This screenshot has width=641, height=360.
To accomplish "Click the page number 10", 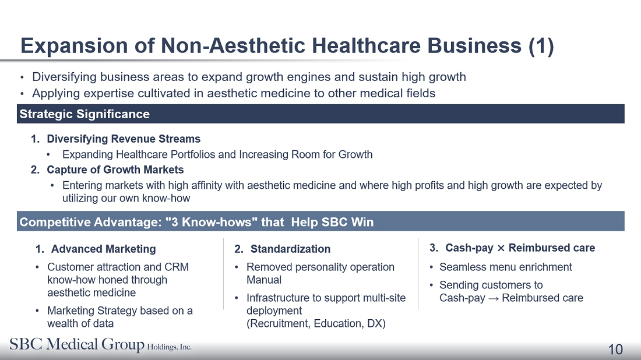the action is click(615, 350).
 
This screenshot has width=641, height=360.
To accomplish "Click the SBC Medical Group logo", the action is click(101, 344).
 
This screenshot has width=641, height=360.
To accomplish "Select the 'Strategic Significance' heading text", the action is click(84, 114).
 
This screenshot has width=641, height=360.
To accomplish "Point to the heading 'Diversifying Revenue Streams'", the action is click(124, 139).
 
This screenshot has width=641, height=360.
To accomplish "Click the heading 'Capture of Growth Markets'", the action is click(115, 170).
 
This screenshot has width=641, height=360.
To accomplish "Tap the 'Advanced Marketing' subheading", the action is click(103, 249).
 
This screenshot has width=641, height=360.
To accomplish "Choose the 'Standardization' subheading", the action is click(290, 249).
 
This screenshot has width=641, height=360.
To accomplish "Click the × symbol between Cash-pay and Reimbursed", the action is click(501, 248).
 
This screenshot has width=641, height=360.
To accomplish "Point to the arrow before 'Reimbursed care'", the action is click(494, 299).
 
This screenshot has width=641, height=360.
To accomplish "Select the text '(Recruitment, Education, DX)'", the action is click(316, 324).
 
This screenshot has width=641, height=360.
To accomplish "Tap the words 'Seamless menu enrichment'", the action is click(506, 267).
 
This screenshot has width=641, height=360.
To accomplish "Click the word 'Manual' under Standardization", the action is click(264, 280).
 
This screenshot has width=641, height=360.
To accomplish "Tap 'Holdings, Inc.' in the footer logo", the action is click(169, 347).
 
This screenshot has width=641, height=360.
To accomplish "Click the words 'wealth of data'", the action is click(80, 324).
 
